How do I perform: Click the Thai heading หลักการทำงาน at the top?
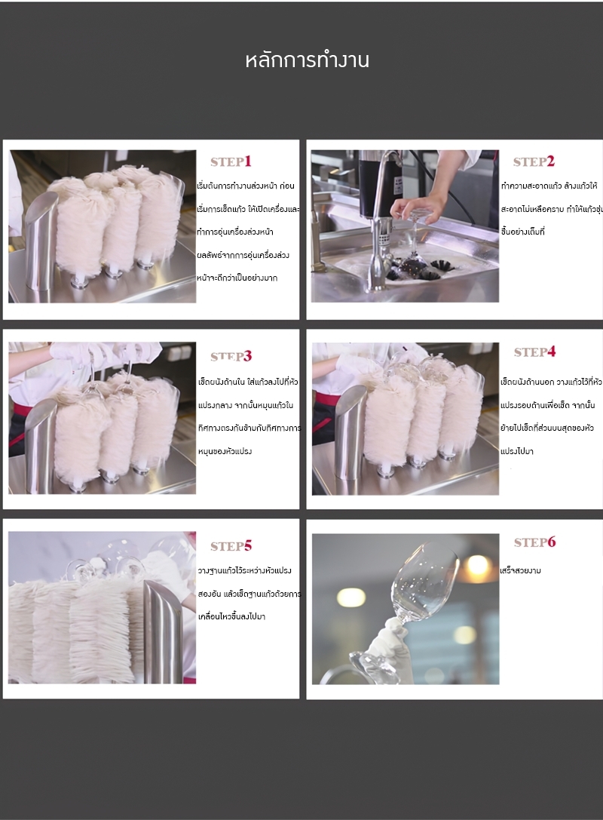(x=307, y=61)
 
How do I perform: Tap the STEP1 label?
(x=231, y=161)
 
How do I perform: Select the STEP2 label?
(x=534, y=161)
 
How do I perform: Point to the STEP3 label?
(x=231, y=356)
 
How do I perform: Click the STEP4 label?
(x=534, y=352)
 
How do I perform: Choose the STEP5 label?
(x=231, y=545)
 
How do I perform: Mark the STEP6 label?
(x=534, y=542)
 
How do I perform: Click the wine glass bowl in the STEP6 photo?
(x=427, y=581)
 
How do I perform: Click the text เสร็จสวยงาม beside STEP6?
(x=521, y=571)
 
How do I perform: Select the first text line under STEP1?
(x=245, y=186)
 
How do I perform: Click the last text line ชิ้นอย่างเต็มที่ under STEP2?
(x=522, y=232)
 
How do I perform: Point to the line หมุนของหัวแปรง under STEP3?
(x=225, y=451)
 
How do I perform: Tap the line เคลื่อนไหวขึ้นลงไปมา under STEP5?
(x=231, y=616)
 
